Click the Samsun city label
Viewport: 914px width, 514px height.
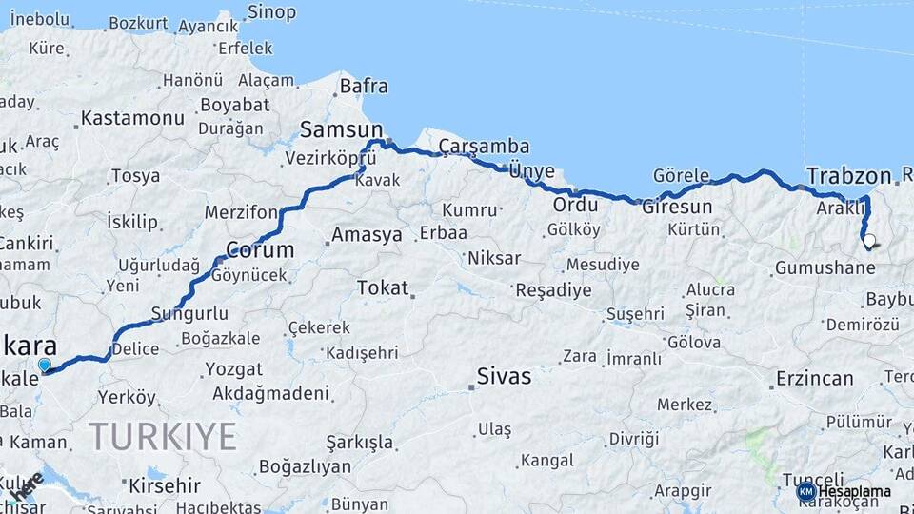click(x=341, y=129)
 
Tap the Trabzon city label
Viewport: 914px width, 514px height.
click(x=848, y=175)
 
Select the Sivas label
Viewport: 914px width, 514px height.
click(x=505, y=376)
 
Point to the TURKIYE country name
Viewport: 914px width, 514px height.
click(x=162, y=436)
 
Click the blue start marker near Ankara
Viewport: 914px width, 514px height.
click(x=44, y=365)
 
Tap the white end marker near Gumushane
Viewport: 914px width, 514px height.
click(x=868, y=241)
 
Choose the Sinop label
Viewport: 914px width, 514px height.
click(x=271, y=12)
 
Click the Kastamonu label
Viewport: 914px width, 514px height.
click(x=132, y=118)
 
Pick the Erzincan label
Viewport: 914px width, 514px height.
click(x=814, y=378)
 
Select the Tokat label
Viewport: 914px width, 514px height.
click(x=383, y=287)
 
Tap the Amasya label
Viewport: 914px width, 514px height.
click(x=367, y=235)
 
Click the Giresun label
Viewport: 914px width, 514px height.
click(x=677, y=207)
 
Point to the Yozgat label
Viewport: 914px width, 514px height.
click(x=234, y=368)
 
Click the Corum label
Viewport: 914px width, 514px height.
click(x=259, y=251)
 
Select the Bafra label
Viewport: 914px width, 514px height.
click(x=364, y=86)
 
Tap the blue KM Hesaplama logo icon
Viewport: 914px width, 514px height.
click(x=806, y=491)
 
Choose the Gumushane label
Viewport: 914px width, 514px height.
click(x=825, y=268)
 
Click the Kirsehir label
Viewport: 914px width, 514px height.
click(x=165, y=484)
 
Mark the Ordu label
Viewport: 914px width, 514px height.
click(x=575, y=205)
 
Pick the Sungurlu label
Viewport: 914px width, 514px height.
click(x=189, y=312)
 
